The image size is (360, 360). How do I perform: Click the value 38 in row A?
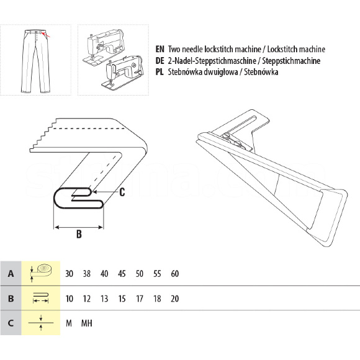(x=86, y=274)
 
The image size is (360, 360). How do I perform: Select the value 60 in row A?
(x=174, y=274)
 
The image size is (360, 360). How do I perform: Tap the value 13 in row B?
(x=104, y=299)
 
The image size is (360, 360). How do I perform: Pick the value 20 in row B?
(x=174, y=299)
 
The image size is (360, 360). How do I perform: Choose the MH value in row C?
(x=86, y=323)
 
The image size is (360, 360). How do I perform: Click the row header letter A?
(x=11, y=274)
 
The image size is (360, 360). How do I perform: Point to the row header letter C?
(x=11, y=323)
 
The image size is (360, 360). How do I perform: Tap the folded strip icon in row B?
(x=40, y=298)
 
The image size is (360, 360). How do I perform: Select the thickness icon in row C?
(x=41, y=323)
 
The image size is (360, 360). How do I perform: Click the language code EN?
(x=160, y=49)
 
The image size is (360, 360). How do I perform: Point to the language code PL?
(x=160, y=72)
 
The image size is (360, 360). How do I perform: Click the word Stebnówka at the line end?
(x=261, y=72)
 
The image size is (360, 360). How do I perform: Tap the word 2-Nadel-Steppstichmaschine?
(x=212, y=61)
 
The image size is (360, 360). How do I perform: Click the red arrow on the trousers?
(x=47, y=35)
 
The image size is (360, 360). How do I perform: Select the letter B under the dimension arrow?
(x=79, y=234)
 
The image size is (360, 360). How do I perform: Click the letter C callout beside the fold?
(x=122, y=192)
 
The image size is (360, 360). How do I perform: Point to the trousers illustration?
(x=35, y=61)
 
